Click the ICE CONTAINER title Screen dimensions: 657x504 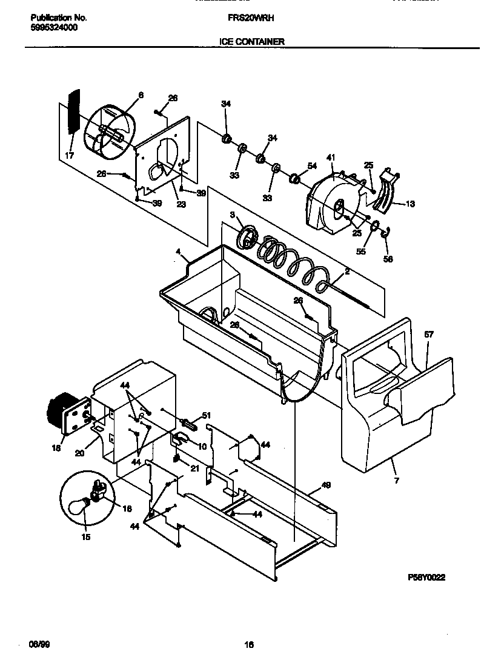(251, 42)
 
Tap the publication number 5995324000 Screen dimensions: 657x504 (53, 28)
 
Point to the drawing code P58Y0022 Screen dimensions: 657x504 (427, 578)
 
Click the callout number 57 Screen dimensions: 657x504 (429, 334)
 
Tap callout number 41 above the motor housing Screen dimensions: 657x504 (331, 158)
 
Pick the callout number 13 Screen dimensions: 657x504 (410, 204)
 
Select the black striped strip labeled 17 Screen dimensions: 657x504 (73, 112)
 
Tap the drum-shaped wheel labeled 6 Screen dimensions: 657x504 (109, 132)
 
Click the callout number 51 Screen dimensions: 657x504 (206, 415)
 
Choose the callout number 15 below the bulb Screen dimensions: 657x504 (85, 537)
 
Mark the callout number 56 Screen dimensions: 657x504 (388, 259)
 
